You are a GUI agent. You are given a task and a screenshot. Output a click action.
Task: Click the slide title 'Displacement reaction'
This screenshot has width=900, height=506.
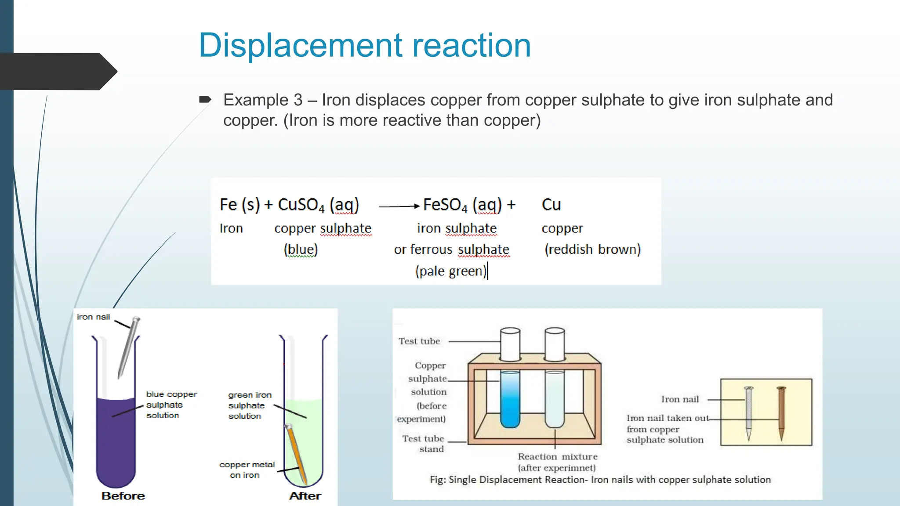(x=364, y=45)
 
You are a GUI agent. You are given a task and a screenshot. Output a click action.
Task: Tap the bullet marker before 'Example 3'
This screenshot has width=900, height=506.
(x=205, y=100)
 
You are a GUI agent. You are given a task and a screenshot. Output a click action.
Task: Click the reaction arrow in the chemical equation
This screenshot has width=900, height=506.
(x=399, y=206)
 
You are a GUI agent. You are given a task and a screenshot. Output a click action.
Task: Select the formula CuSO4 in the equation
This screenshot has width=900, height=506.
(x=301, y=205)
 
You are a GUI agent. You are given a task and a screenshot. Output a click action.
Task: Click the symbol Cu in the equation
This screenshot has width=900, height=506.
(x=551, y=205)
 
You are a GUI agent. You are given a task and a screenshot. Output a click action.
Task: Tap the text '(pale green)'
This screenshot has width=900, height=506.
(x=450, y=271)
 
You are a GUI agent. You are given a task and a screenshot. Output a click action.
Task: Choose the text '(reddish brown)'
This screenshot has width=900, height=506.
(x=592, y=249)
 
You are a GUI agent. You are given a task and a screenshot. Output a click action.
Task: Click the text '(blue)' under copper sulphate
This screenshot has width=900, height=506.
(x=301, y=249)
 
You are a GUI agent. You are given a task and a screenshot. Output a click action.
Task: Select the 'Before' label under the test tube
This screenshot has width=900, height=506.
(x=123, y=496)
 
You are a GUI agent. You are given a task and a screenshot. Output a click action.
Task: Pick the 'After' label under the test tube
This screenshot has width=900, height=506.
(x=305, y=496)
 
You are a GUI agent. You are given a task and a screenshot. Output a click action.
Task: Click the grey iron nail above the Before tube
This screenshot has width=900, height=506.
(x=128, y=347)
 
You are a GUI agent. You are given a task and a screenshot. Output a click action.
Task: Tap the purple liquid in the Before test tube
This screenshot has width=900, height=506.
(x=116, y=444)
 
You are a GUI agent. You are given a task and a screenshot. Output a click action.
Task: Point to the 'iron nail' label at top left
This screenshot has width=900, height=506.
(x=93, y=317)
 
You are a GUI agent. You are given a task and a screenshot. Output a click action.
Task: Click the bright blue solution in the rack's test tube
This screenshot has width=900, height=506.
(x=510, y=400)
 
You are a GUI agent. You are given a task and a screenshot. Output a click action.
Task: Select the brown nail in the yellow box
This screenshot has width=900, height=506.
(x=781, y=413)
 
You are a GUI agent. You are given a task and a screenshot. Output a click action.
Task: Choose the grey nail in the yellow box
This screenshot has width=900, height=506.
(x=749, y=413)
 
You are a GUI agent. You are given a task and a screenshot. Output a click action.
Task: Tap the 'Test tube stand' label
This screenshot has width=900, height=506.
(x=423, y=444)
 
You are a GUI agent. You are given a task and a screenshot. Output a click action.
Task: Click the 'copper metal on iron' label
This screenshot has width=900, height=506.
(x=247, y=470)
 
